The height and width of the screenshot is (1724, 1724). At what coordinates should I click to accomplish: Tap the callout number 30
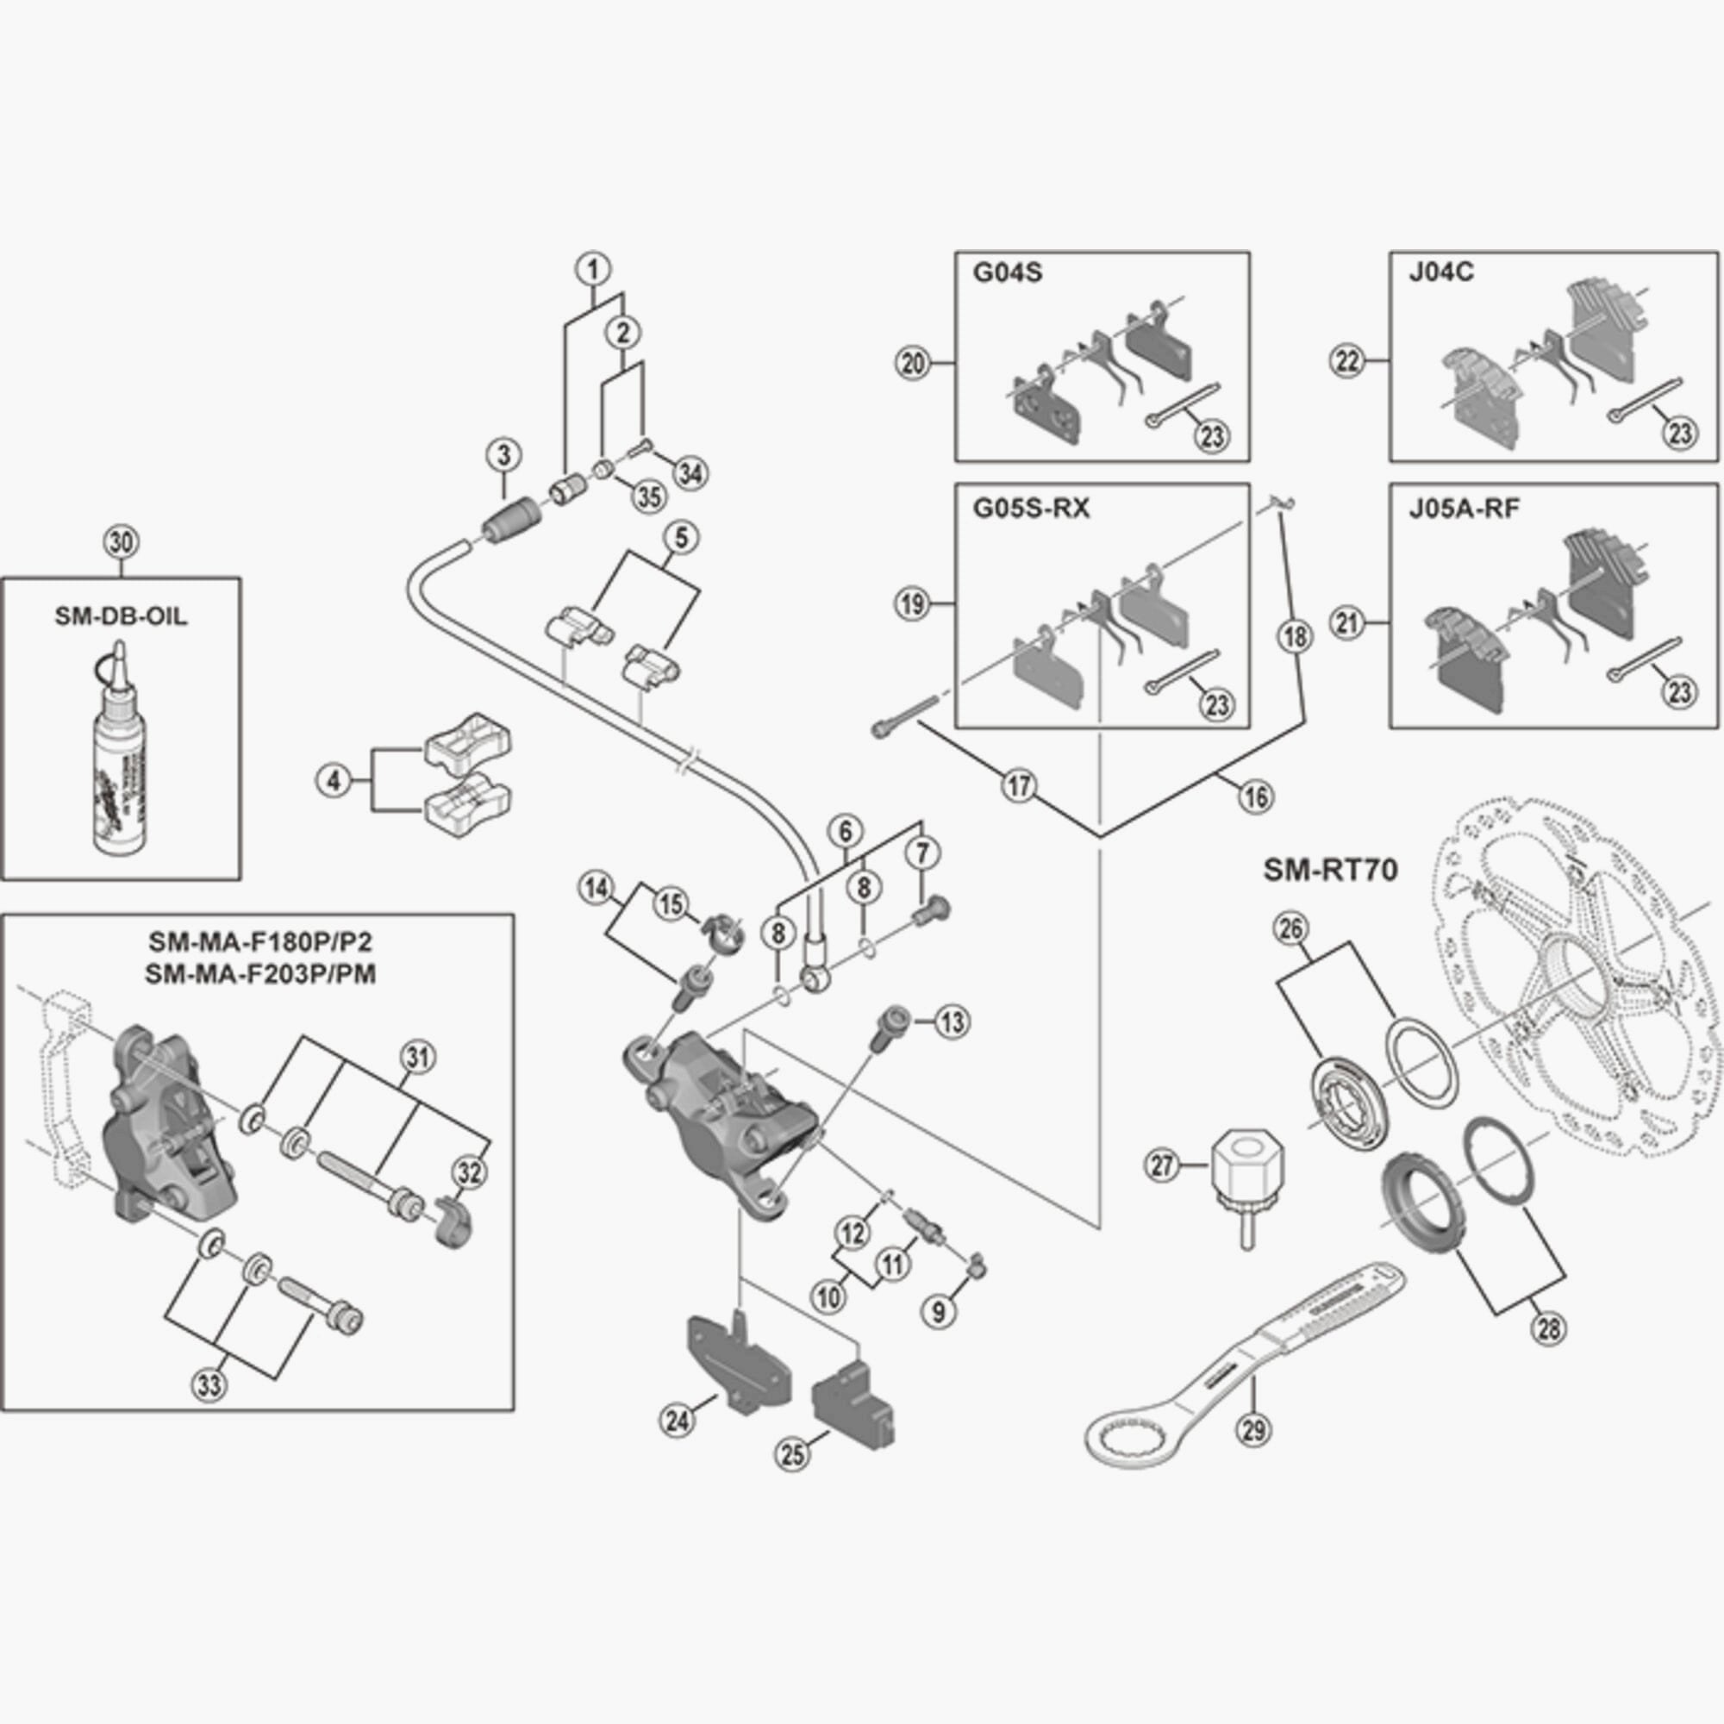pos(122,541)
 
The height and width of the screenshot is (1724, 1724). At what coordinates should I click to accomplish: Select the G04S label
pos(1007,272)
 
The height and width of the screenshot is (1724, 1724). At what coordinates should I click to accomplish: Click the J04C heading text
pos(1440,272)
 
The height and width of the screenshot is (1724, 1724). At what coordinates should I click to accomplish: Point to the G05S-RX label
pos(1031,508)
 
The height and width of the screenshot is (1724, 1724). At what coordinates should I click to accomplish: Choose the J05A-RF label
pos(1464,508)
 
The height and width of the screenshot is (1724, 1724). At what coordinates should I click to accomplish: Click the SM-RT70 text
pos(1330,870)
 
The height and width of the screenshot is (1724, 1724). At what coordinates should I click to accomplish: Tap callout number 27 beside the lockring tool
pos(1163,1165)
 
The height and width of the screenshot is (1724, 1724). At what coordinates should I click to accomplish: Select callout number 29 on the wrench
pos(1253,1430)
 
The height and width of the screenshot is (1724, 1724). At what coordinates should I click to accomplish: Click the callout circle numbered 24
pos(678,1420)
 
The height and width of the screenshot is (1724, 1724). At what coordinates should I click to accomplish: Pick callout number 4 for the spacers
pos(334,782)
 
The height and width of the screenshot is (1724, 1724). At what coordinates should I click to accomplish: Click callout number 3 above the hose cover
pos(504,455)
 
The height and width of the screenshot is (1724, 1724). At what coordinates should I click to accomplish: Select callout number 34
pos(690,473)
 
